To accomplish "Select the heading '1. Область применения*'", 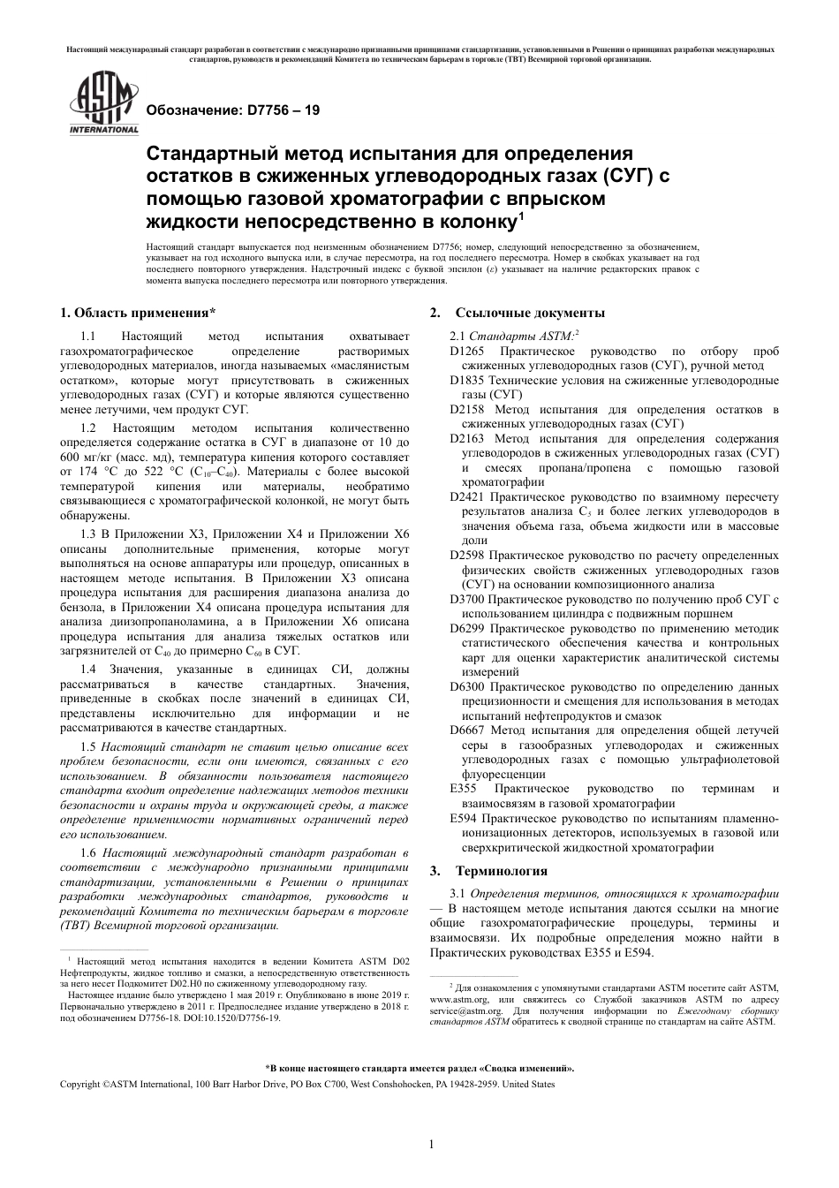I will (x=137, y=313).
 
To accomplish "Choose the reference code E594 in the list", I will (x=463, y=818).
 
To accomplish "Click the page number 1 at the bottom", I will (x=431, y=1145).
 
